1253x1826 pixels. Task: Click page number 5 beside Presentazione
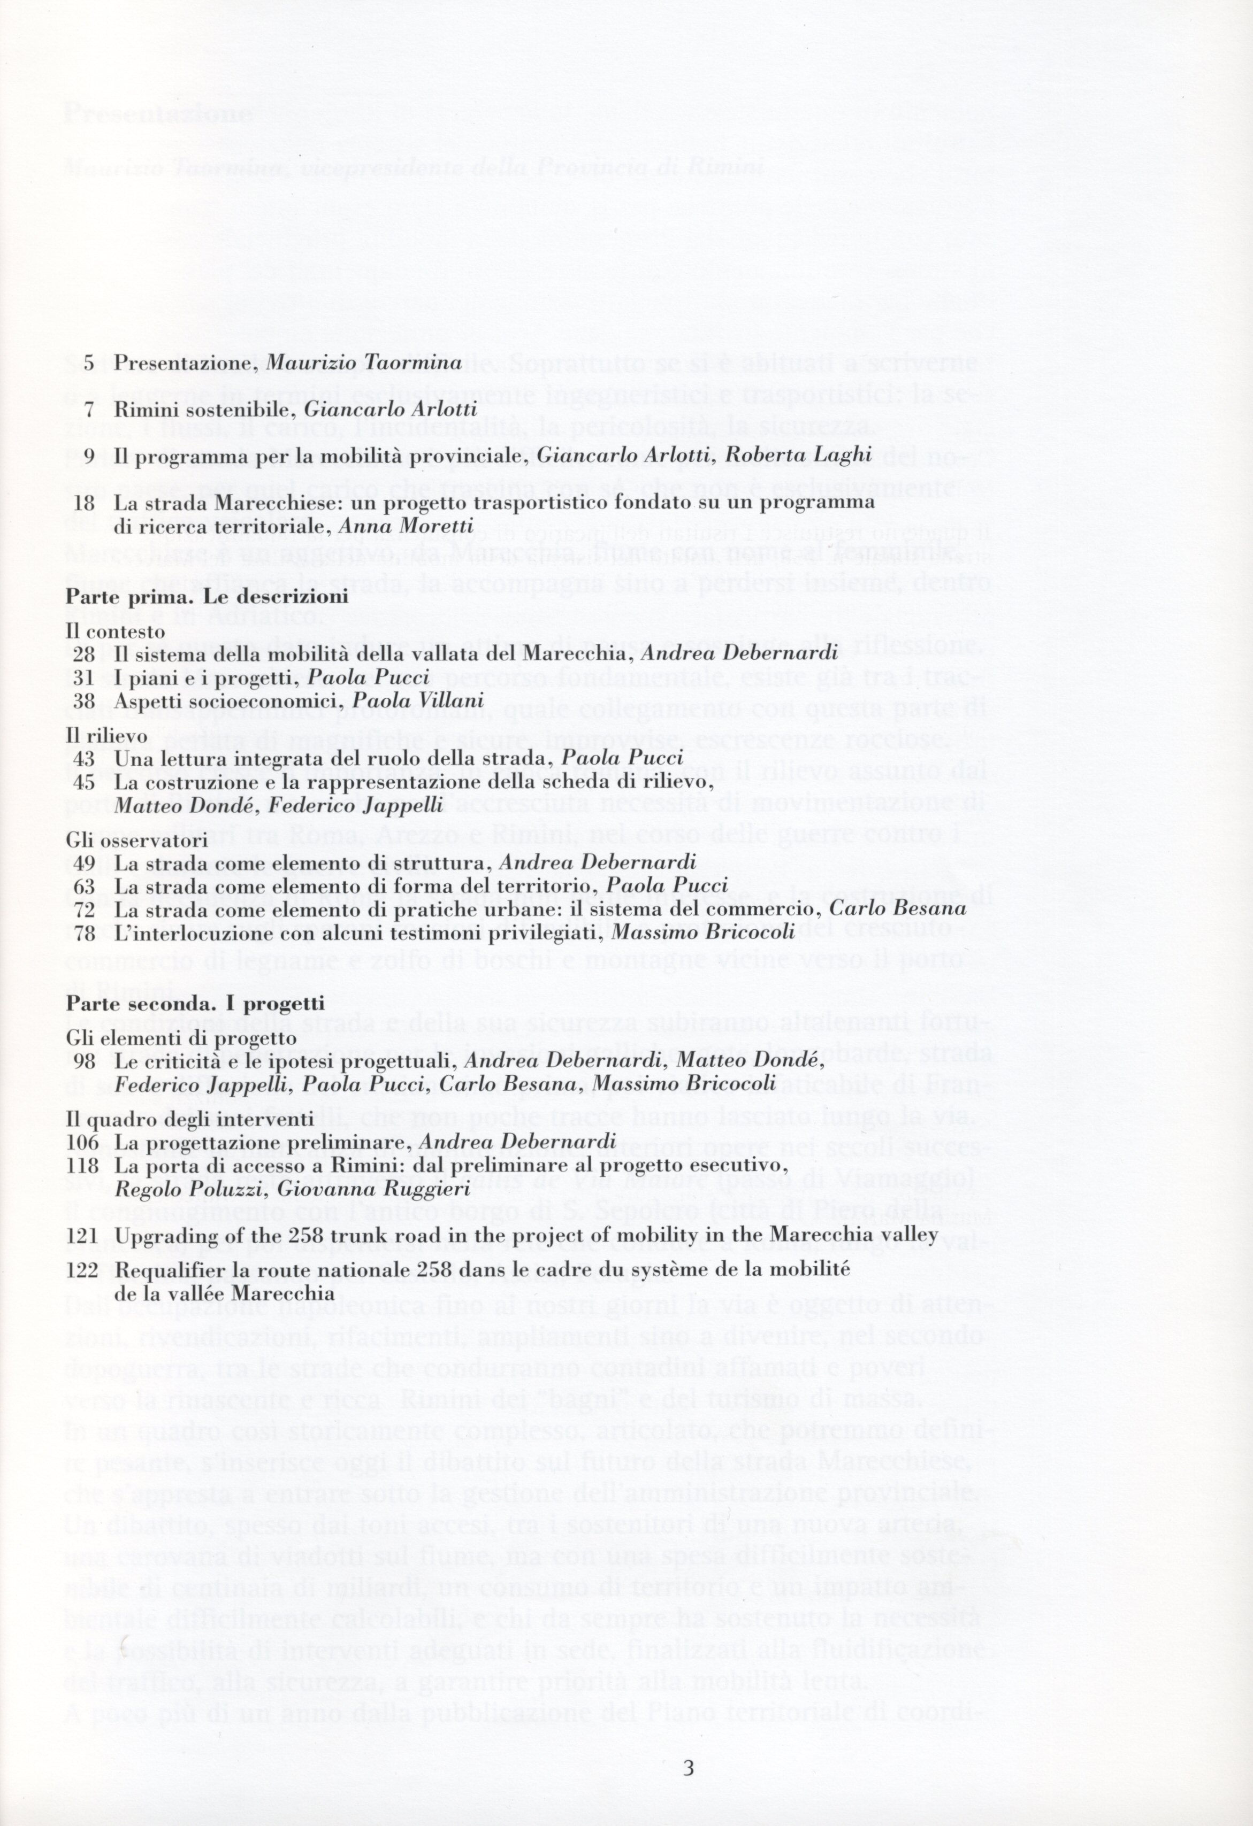click(88, 363)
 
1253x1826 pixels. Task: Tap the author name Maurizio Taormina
click(364, 363)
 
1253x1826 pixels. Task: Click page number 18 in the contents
click(83, 502)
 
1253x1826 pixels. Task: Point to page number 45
click(84, 783)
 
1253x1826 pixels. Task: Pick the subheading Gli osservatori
click(136, 841)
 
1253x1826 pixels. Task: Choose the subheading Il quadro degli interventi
click(189, 1119)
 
